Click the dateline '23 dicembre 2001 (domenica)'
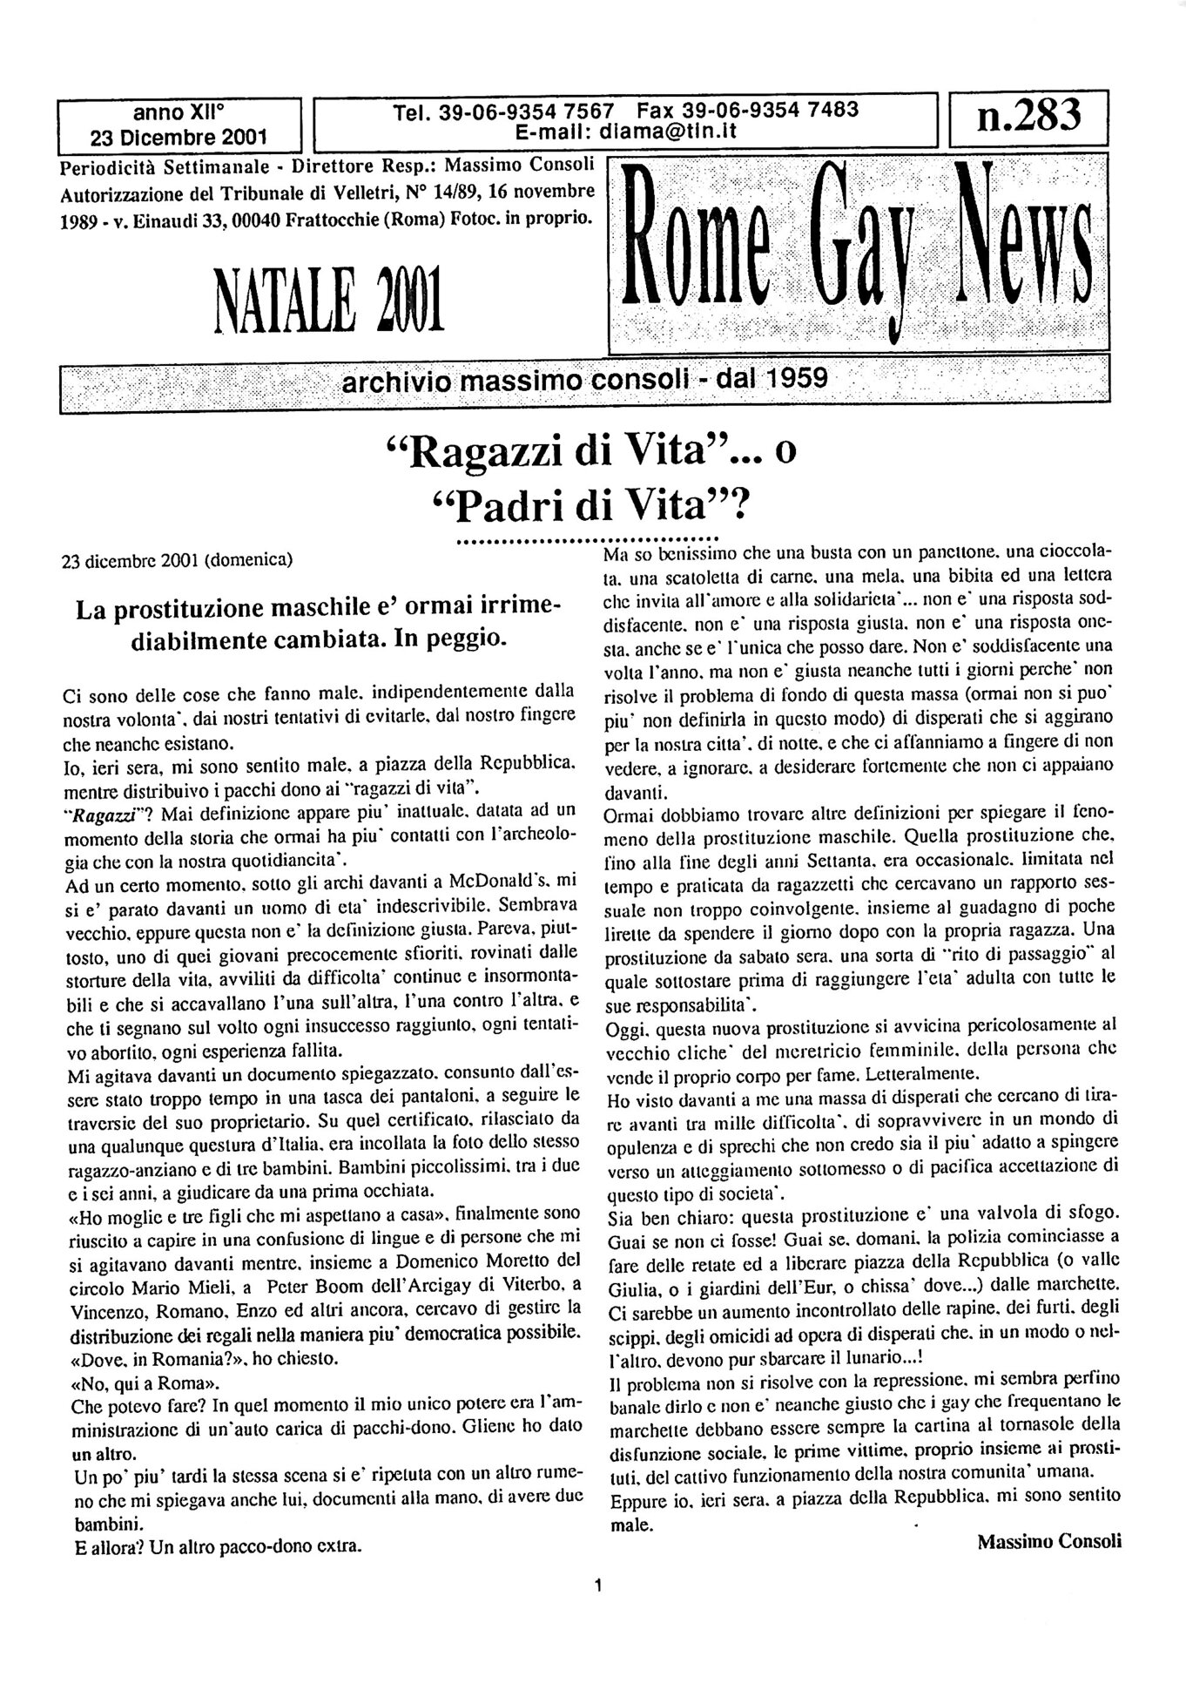pyautogui.click(x=178, y=560)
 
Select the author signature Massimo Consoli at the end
pyautogui.click(x=1048, y=1540)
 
